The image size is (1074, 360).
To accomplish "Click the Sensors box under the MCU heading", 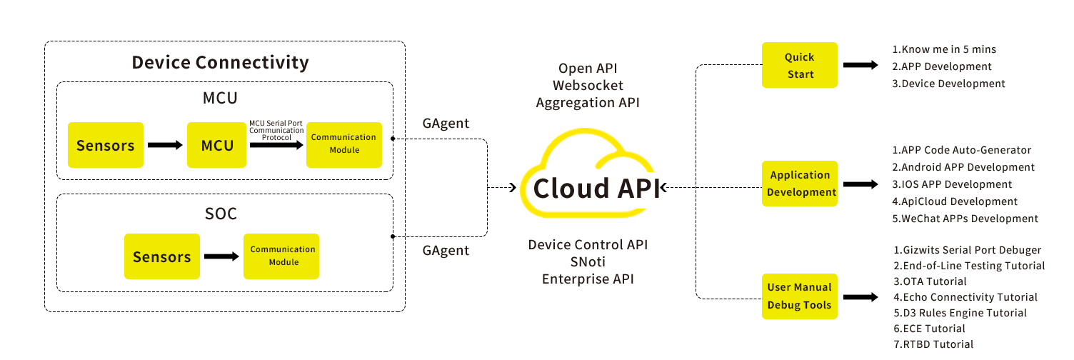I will (x=105, y=145).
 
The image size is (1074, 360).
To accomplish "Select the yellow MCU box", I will (x=216, y=145).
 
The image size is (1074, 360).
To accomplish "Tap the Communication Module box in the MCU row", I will (x=343, y=144).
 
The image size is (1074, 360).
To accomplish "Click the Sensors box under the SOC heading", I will (x=161, y=256).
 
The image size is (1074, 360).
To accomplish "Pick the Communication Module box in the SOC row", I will (x=282, y=256).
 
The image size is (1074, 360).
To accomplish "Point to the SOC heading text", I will (x=220, y=214).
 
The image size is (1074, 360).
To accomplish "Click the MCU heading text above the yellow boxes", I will (x=220, y=98).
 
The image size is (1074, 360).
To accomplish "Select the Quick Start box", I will (x=799, y=65).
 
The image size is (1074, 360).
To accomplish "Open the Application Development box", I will (x=799, y=184).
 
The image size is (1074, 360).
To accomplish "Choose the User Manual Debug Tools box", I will (x=799, y=296).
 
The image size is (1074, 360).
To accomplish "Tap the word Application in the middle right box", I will (x=800, y=175).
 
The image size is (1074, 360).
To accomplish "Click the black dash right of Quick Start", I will (x=860, y=66).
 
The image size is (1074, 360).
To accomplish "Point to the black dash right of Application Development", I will (x=860, y=184).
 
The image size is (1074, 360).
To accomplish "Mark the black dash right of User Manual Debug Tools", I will (x=860, y=296).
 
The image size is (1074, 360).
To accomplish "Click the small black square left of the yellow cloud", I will (x=512, y=188).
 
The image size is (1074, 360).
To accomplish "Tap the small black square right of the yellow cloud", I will (x=662, y=188).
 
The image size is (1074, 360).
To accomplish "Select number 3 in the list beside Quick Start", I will (x=895, y=84).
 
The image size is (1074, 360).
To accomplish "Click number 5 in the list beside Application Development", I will (x=895, y=219).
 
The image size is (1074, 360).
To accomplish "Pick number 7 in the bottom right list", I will (x=896, y=344).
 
